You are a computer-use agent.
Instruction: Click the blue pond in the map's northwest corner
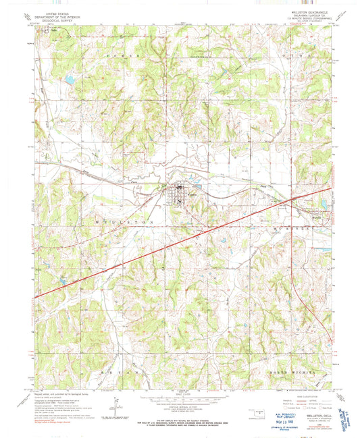[x=69, y=80]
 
